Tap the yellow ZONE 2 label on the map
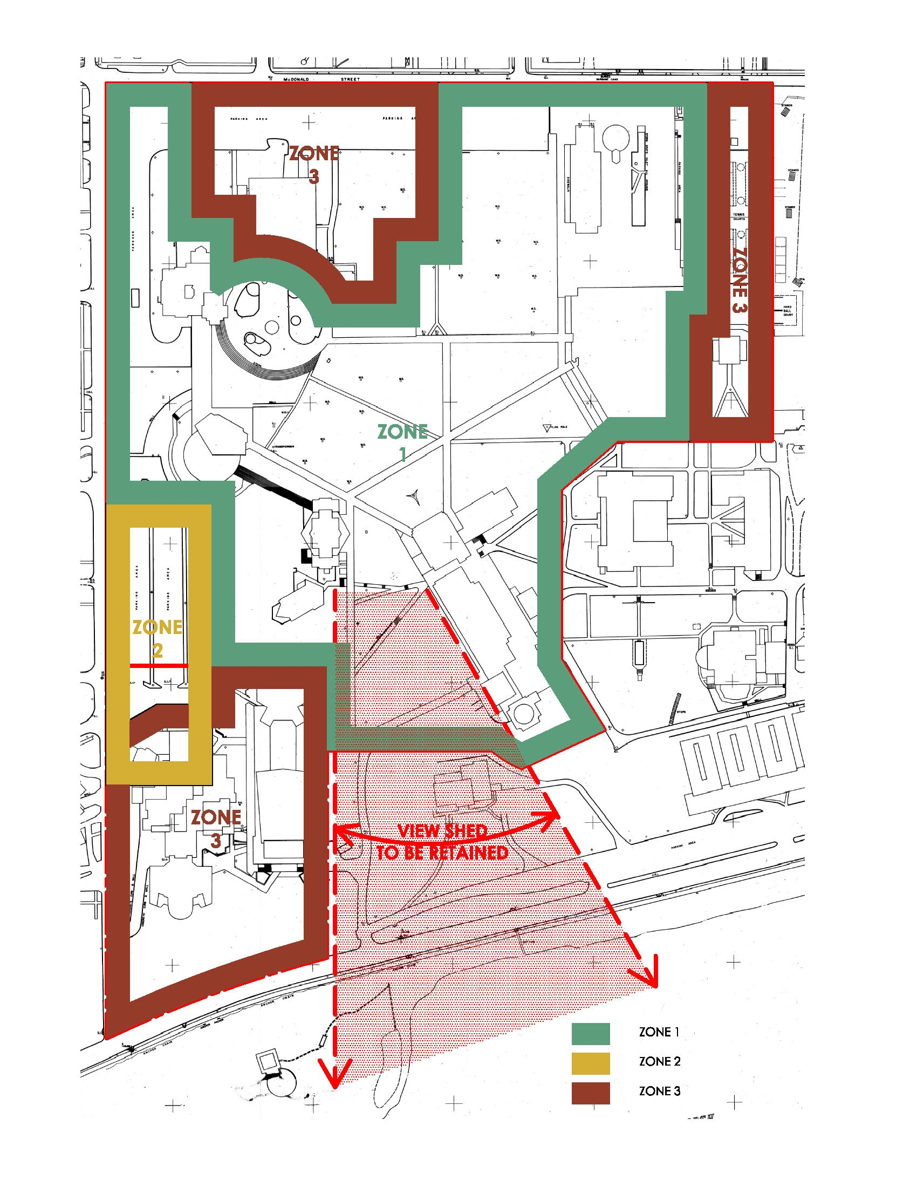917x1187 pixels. (x=157, y=639)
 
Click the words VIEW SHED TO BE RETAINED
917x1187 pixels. (x=443, y=841)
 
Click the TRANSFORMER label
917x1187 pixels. (x=283, y=447)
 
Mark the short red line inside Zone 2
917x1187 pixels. (x=158, y=666)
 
